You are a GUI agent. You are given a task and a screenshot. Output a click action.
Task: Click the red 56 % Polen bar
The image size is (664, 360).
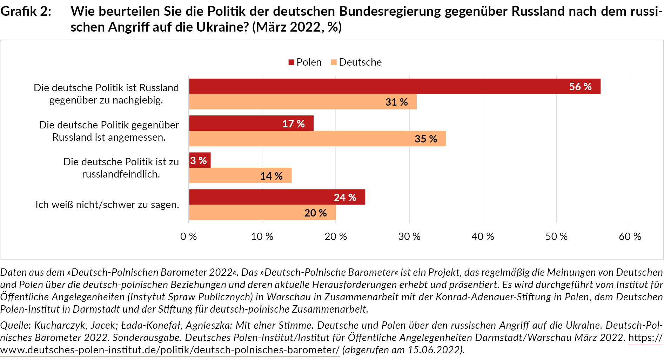tap(394, 86)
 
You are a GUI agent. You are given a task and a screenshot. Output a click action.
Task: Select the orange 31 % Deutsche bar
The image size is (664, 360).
tap(302, 102)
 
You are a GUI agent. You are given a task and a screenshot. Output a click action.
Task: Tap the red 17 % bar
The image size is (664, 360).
tap(251, 123)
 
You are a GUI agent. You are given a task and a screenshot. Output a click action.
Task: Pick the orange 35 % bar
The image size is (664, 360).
tap(317, 139)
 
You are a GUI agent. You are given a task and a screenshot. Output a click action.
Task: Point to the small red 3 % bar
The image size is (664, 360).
tap(200, 160)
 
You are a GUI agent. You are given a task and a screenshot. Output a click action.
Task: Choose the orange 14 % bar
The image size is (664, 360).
tap(240, 175)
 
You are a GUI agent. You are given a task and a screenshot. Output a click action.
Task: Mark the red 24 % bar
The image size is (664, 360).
tap(277, 197)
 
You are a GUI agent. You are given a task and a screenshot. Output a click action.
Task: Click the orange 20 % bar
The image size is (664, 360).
tap(262, 213)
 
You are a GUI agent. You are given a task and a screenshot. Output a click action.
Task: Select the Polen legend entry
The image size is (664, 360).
tap(305, 62)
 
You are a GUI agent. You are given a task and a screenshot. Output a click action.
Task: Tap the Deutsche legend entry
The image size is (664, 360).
tap(356, 62)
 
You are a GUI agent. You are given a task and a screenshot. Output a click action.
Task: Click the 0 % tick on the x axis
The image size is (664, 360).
tap(188, 236)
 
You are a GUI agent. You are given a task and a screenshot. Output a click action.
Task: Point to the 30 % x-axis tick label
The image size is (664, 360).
tap(409, 236)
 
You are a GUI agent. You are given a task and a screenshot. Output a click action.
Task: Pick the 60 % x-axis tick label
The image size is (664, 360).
tap(630, 236)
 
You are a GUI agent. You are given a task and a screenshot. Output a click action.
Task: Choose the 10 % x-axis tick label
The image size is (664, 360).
tap(262, 236)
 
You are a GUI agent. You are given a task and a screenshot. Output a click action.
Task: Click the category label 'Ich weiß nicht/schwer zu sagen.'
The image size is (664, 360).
tap(107, 205)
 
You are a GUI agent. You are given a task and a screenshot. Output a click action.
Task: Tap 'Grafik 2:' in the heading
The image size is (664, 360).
tap(26, 12)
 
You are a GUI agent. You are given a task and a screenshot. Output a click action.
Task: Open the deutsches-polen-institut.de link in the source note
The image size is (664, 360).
tap(170, 350)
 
